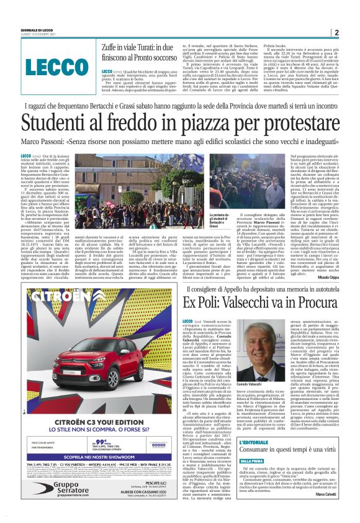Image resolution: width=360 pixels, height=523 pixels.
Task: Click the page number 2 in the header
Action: coord(336,33)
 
